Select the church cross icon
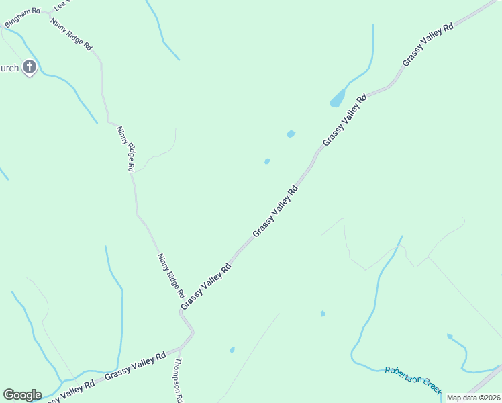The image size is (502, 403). pyautogui.click(x=29, y=66)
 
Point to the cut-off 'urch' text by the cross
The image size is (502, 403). pyautogui.click(x=9, y=67)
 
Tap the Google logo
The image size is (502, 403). pyautogui.click(x=22, y=394)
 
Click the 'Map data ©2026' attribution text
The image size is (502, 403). pyautogui.click(x=474, y=398)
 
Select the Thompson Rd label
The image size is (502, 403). pyautogui.click(x=179, y=380)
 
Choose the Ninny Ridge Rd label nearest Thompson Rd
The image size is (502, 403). pyautogui.click(x=170, y=275)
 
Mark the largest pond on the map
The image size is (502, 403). pyautogui.click(x=337, y=99)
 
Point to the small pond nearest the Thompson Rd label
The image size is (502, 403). pyautogui.click(x=232, y=349)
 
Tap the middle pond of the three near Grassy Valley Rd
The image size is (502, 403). pyautogui.click(x=291, y=134)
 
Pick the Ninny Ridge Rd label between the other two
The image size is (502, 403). pyautogui.click(x=126, y=148)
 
